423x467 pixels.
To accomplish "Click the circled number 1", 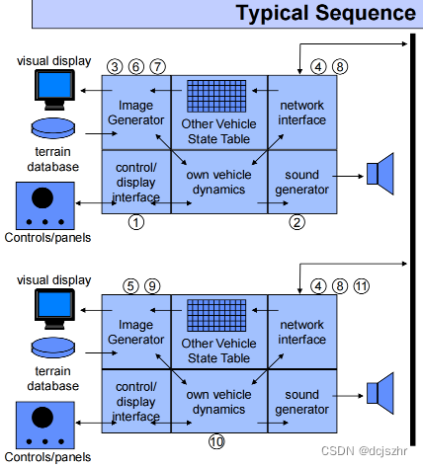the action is pyautogui.click(x=136, y=222).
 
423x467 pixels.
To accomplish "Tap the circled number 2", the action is pyautogui.click(x=296, y=222).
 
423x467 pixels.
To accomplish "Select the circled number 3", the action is pyautogui.click(x=115, y=67).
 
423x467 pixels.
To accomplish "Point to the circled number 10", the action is pyautogui.click(x=216, y=441).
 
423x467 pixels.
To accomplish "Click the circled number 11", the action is pyautogui.click(x=362, y=286).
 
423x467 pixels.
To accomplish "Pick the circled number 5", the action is pyautogui.click(x=130, y=286).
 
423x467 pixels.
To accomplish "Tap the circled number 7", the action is pyautogui.click(x=158, y=67).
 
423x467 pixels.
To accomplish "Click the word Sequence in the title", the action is pyautogui.click(x=366, y=13).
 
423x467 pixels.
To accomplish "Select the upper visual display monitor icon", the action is pyautogui.click(x=54, y=90).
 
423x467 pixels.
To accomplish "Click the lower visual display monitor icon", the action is pyautogui.click(x=54, y=309).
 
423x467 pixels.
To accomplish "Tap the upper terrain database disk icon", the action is pyautogui.click(x=53, y=128).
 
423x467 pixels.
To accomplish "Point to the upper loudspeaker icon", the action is pyautogui.click(x=381, y=174).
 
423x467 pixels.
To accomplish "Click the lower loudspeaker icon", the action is pyautogui.click(x=381, y=393).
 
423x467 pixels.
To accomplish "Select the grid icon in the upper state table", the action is pyautogui.click(x=216, y=96).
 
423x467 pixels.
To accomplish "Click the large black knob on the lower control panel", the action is pyautogui.click(x=42, y=418).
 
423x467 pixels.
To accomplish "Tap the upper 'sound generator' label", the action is pyautogui.click(x=301, y=182).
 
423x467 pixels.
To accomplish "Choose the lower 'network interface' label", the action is pyautogui.click(x=301, y=332).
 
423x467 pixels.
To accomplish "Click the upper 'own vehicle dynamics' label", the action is pyautogui.click(x=218, y=182).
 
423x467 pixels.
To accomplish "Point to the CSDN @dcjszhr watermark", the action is pyautogui.click(x=364, y=450).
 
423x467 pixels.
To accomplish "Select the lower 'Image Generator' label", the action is pyautogui.click(x=135, y=332).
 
